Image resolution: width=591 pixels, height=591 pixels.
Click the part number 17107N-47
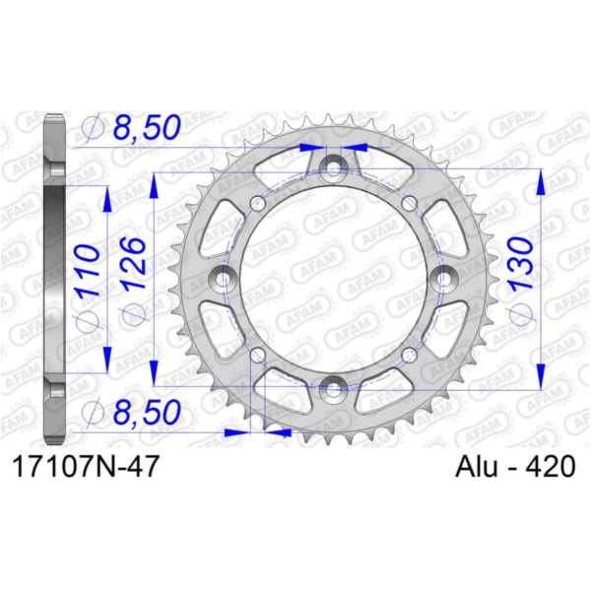(86, 467)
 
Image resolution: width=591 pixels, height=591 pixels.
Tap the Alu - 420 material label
(515, 467)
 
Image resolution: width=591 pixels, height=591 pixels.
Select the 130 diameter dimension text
(521, 264)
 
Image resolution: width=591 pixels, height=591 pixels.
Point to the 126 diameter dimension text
(134, 264)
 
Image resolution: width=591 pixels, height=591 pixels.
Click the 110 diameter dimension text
(88, 271)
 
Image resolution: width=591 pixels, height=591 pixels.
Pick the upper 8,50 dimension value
(147, 127)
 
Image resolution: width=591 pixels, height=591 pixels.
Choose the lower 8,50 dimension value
(147, 412)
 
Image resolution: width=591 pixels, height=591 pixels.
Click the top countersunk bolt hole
(333, 167)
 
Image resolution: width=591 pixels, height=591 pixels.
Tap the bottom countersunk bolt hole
(333, 389)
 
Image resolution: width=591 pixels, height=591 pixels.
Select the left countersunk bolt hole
(223, 278)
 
